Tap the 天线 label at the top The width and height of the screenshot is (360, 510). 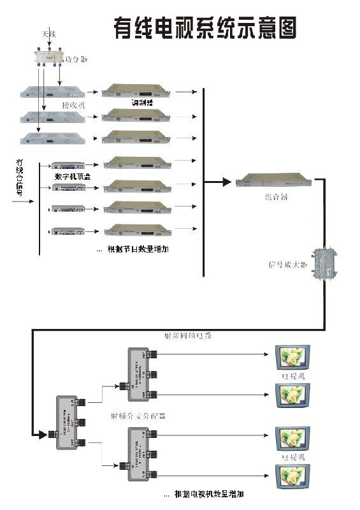coord(49,33)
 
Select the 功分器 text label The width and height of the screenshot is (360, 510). coord(76,59)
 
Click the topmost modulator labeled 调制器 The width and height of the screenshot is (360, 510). coord(137,91)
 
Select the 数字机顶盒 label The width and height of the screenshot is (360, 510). coord(71,176)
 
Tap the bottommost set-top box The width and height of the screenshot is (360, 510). coord(68,231)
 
